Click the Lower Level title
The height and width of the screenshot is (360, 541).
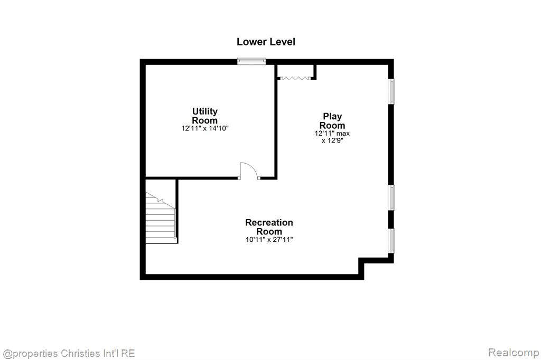coord(266,42)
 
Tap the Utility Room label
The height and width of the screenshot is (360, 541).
coord(205,116)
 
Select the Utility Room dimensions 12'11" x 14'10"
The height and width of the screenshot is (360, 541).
coord(205,129)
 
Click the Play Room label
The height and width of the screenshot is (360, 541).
coord(332,121)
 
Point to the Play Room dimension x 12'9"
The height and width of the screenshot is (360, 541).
coord(332,141)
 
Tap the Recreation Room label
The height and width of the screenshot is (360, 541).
coord(269,227)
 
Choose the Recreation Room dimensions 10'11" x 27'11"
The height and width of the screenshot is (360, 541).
coord(269,240)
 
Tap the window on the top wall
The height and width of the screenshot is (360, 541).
coord(251,61)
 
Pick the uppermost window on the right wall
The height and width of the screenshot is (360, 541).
coord(391,91)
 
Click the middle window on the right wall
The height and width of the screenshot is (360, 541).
coord(391,197)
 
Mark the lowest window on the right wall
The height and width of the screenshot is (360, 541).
coord(391,241)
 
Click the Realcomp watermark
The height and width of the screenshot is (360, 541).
coord(514,353)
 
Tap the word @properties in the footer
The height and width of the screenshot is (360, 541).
coord(30,354)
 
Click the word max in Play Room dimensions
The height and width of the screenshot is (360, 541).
coord(343,134)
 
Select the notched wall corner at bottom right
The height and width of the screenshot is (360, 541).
coord(361,261)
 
